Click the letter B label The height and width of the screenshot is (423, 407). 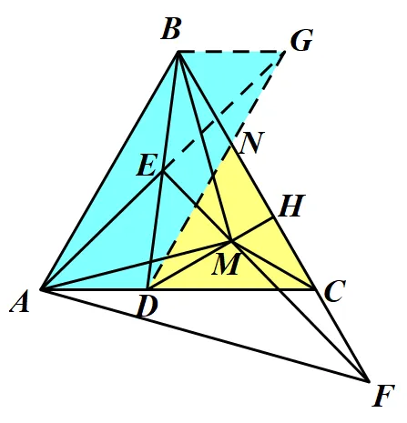pos(171,29)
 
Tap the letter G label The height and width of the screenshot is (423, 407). pos(301,40)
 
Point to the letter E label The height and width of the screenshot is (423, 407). pos(148,165)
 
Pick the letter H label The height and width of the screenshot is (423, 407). pos(291,206)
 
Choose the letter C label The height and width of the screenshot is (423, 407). pos(335,291)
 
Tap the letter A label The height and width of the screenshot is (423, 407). pos(20,301)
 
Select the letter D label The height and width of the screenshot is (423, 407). pos(148,307)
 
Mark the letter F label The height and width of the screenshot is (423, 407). pos(383,396)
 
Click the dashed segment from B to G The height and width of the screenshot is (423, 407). pos(231,52)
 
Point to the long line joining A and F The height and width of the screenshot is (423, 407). pos(205,335)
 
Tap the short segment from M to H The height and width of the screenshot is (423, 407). pos(252,229)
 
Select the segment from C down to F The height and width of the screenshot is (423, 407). pos(341,335)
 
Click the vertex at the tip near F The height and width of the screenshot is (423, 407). pos(368,381)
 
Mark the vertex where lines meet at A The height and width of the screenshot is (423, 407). pos(42,289)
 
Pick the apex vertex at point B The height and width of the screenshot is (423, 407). pos(178,52)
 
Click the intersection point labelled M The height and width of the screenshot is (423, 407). pos(231,242)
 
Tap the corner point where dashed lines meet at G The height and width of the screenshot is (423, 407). pos(285,52)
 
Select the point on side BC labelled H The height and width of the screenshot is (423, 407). pos(273,217)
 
